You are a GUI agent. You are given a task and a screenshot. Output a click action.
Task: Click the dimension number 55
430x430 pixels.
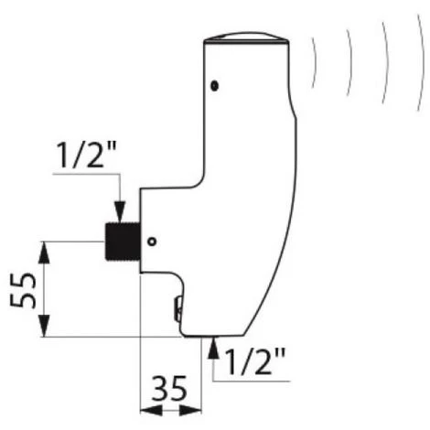click(x=23, y=290)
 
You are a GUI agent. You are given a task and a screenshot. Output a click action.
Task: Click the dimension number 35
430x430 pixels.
click(x=169, y=389)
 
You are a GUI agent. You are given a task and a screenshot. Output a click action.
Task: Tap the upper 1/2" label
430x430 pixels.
click(x=87, y=155)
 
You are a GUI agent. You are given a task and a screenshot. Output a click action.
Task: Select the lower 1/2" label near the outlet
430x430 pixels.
click(x=255, y=361)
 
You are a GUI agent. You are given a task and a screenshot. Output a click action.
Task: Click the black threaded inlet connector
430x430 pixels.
click(x=123, y=242)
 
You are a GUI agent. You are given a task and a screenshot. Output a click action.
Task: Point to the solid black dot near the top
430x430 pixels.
click(x=215, y=86)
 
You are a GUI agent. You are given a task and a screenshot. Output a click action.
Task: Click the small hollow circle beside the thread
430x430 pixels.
click(x=152, y=242)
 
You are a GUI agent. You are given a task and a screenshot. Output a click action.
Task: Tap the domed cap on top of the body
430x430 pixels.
click(x=246, y=37)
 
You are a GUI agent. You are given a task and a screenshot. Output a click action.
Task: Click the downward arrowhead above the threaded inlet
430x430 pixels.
click(x=121, y=211)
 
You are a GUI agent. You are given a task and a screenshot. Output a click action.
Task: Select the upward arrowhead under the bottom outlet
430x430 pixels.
click(x=214, y=348)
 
